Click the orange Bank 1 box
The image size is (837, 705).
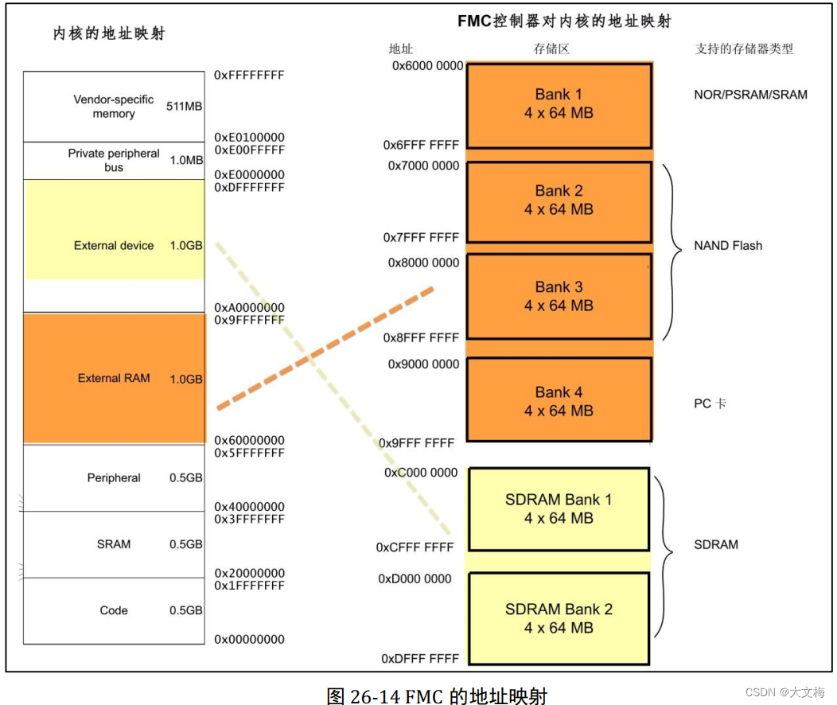coord(559,103)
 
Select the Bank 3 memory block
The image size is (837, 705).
coord(559,296)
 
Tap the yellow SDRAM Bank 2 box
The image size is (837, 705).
coord(559,618)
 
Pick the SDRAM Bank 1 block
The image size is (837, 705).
coord(559,509)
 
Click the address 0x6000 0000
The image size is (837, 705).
coord(427,66)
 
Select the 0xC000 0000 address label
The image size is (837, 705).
coord(422,473)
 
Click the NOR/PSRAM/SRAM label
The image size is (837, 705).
coord(750,95)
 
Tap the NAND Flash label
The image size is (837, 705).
coord(727,246)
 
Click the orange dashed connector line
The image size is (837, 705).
coord(325,349)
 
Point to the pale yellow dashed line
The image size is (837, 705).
coord(334,390)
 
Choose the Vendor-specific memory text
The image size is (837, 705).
coord(114,107)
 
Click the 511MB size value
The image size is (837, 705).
coord(184,106)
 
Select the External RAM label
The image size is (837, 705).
coord(114,378)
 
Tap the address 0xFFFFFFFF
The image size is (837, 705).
coord(249,76)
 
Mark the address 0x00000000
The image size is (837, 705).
coord(249,640)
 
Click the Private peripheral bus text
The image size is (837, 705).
coord(114,160)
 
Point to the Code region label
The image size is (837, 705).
coord(114,610)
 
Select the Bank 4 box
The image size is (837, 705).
coord(559,401)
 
